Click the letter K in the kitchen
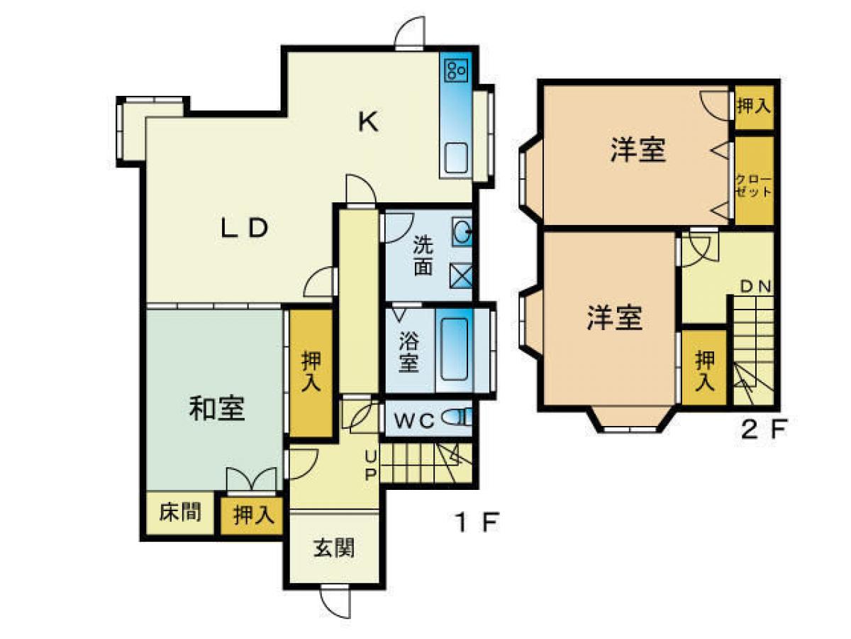[367, 123]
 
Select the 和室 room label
[217, 410]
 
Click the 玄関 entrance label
[335, 548]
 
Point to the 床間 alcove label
[179, 512]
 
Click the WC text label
[413, 420]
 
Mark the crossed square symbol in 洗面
[461, 275]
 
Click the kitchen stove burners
[455, 70]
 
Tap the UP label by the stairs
[370, 465]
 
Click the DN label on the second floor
[756, 287]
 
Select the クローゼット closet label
[752, 185]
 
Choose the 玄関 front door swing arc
[334, 602]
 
